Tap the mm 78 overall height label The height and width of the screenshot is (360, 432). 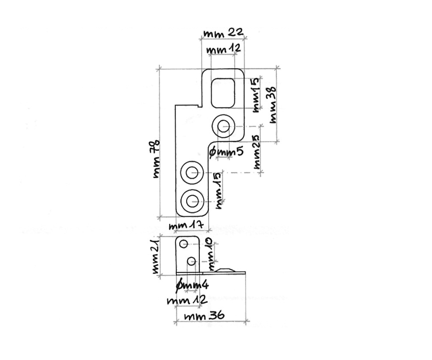click(x=156, y=159)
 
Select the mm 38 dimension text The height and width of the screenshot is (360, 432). click(x=273, y=105)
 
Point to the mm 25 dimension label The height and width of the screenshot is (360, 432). click(x=256, y=152)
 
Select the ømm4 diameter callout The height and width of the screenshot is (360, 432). click(x=192, y=286)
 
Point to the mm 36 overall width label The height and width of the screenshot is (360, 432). click(x=204, y=316)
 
